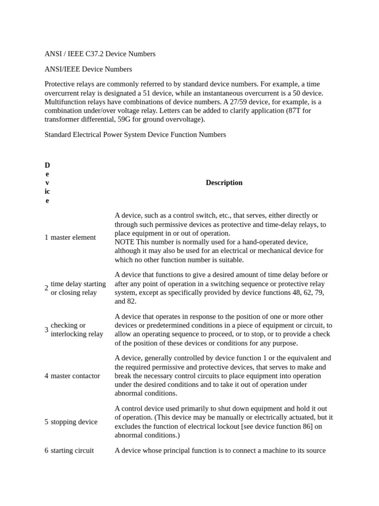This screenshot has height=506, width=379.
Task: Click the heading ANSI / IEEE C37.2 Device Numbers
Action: point(100,54)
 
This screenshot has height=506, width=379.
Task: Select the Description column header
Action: point(224,183)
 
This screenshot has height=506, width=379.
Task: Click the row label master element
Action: point(73,237)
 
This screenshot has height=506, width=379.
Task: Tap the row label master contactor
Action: point(75,376)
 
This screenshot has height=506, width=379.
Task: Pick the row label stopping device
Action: point(74,422)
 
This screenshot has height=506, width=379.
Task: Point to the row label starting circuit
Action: point(72,450)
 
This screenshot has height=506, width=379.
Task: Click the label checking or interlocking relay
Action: point(76,330)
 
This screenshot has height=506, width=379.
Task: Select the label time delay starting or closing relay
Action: point(78,288)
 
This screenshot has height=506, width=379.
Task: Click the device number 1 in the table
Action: point(46,237)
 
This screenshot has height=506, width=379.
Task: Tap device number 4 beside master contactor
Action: point(46,376)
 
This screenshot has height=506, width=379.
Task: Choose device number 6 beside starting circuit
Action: point(46,450)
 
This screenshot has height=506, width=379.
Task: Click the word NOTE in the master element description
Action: point(124,242)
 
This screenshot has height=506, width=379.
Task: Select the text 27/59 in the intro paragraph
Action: point(246,102)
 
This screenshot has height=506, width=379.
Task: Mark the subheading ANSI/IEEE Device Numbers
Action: point(88,69)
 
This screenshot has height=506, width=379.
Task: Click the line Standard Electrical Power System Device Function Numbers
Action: point(135,134)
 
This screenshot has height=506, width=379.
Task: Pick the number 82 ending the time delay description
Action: point(132,301)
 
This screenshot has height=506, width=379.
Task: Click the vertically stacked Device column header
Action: point(47,183)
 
